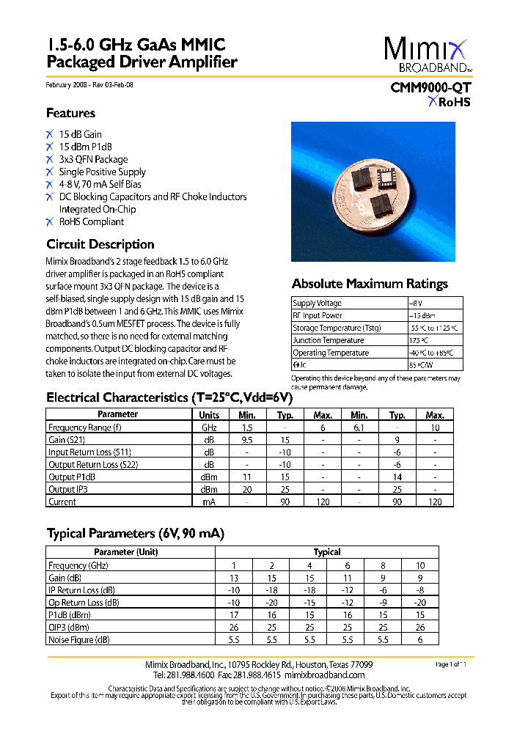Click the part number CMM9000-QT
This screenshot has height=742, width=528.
click(x=430, y=87)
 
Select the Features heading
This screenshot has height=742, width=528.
click(x=70, y=113)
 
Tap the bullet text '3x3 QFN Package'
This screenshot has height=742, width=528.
click(x=93, y=159)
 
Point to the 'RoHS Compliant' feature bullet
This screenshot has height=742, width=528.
click(x=92, y=221)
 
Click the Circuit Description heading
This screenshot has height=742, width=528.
click(x=100, y=244)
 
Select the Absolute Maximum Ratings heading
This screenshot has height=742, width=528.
click(x=370, y=284)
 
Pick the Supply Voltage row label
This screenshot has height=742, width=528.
click(x=317, y=303)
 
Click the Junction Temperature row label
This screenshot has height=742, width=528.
click(x=328, y=340)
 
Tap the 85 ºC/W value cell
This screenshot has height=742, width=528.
click(x=422, y=364)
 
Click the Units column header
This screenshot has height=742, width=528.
click(x=209, y=414)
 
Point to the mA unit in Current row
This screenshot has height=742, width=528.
click(x=209, y=502)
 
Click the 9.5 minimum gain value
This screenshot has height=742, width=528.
click(x=247, y=440)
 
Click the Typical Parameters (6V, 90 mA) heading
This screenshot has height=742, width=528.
click(x=136, y=533)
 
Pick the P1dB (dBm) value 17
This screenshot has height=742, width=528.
click(x=234, y=615)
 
